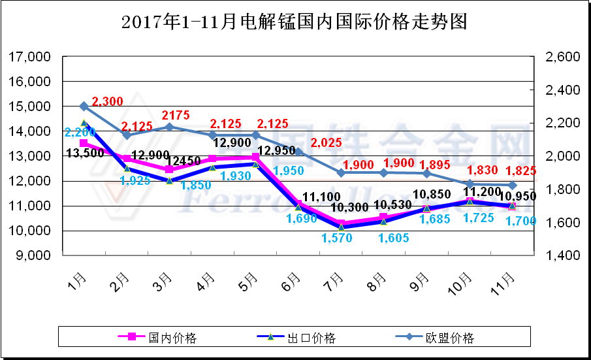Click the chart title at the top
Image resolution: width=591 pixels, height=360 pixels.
[295, 22]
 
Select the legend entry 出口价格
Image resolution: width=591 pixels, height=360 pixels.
[311, 338]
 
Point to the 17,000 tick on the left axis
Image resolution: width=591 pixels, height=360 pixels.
[31, 57]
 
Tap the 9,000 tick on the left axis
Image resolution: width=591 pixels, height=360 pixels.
[33, 255]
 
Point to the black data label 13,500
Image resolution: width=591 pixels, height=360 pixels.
[86, 153]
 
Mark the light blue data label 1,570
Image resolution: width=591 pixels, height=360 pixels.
[337, 238]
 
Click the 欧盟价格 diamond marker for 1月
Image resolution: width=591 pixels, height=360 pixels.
[84, 106]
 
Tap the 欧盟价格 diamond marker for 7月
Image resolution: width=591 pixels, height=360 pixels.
[341, 172]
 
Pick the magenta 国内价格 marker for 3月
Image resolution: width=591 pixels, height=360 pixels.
[169, 169]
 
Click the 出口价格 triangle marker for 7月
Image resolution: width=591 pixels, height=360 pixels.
[341, 227]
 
